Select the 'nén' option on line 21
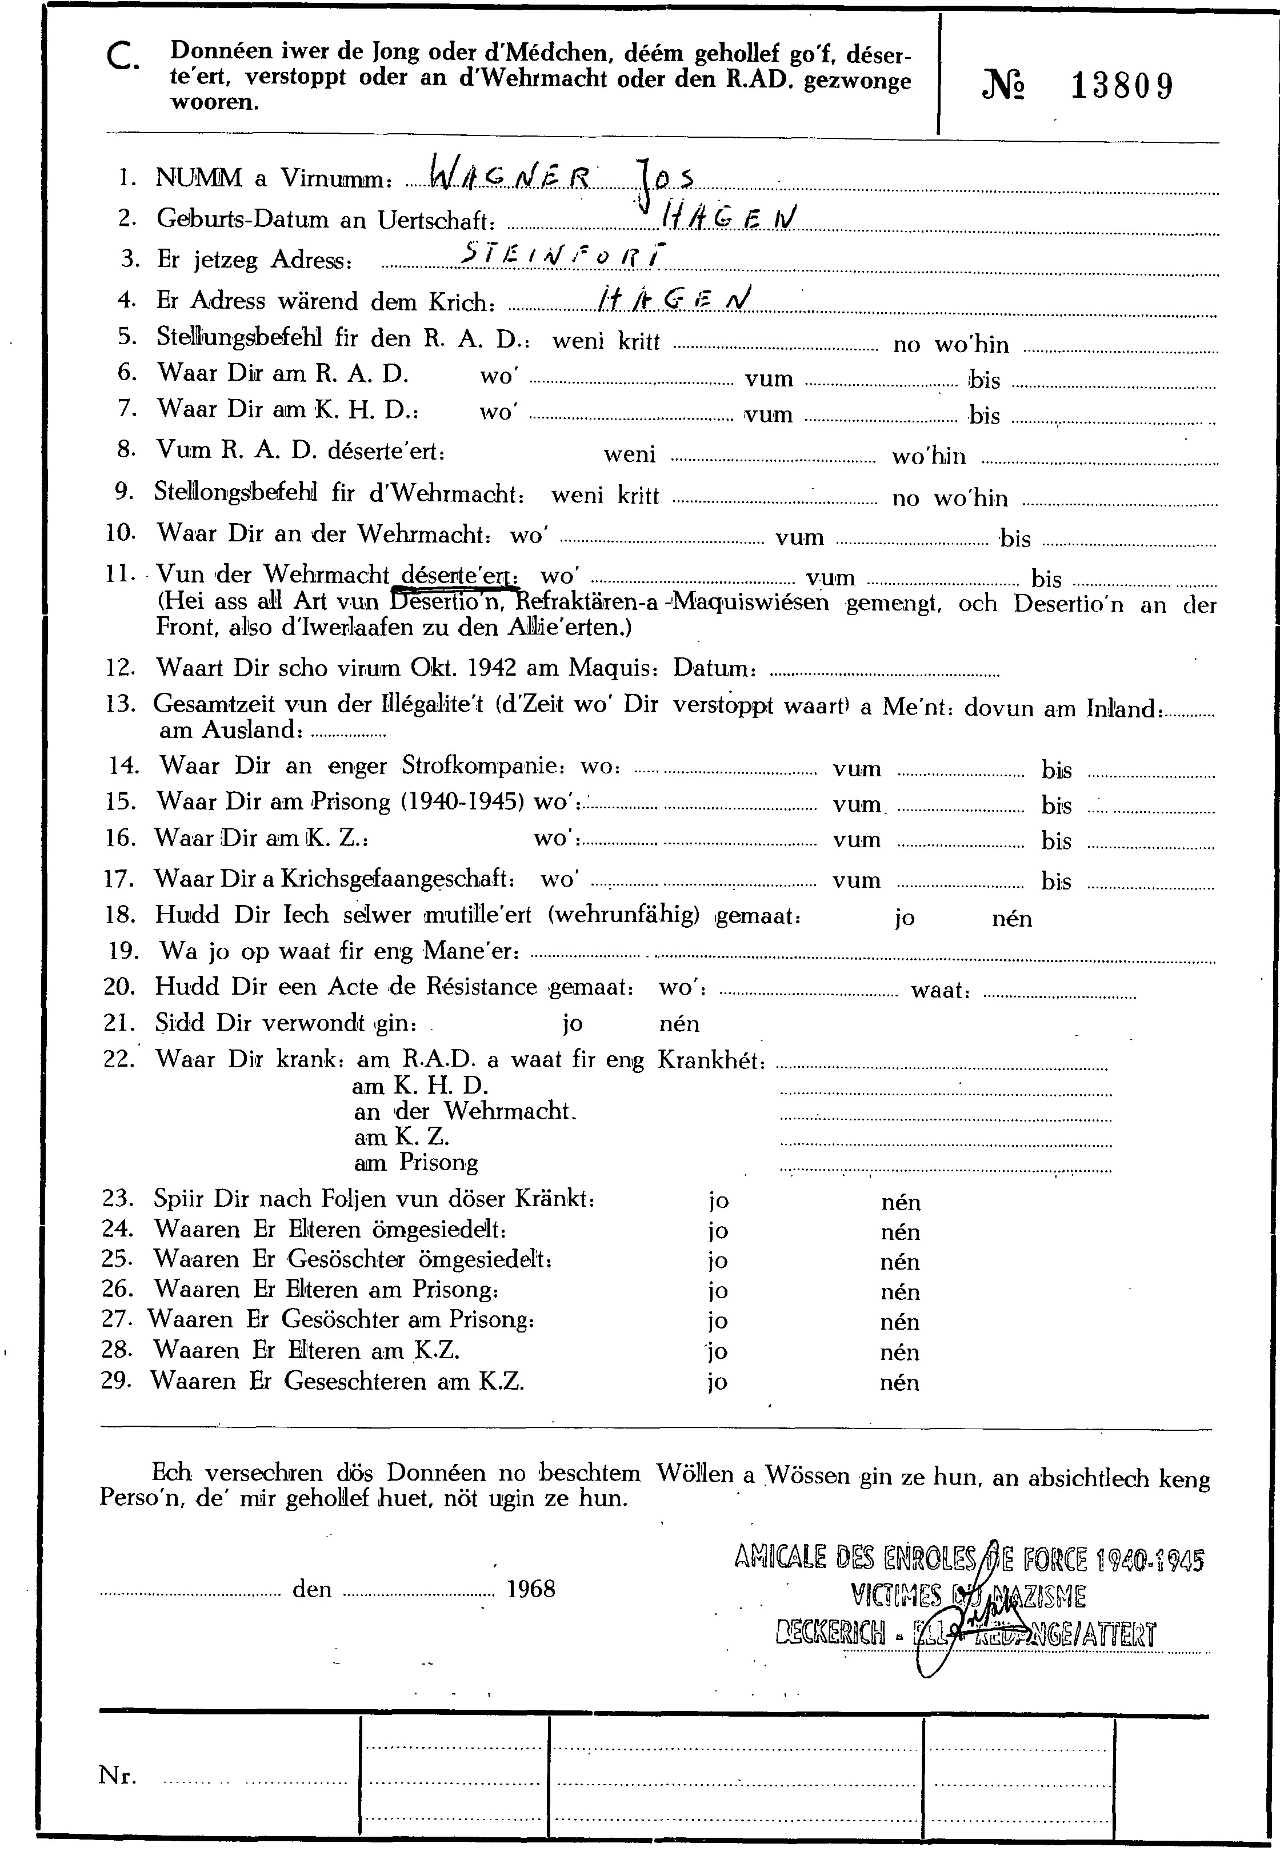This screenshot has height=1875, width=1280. (x=679, y=1024)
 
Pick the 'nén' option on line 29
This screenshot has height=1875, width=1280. (x=899, y=1383)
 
